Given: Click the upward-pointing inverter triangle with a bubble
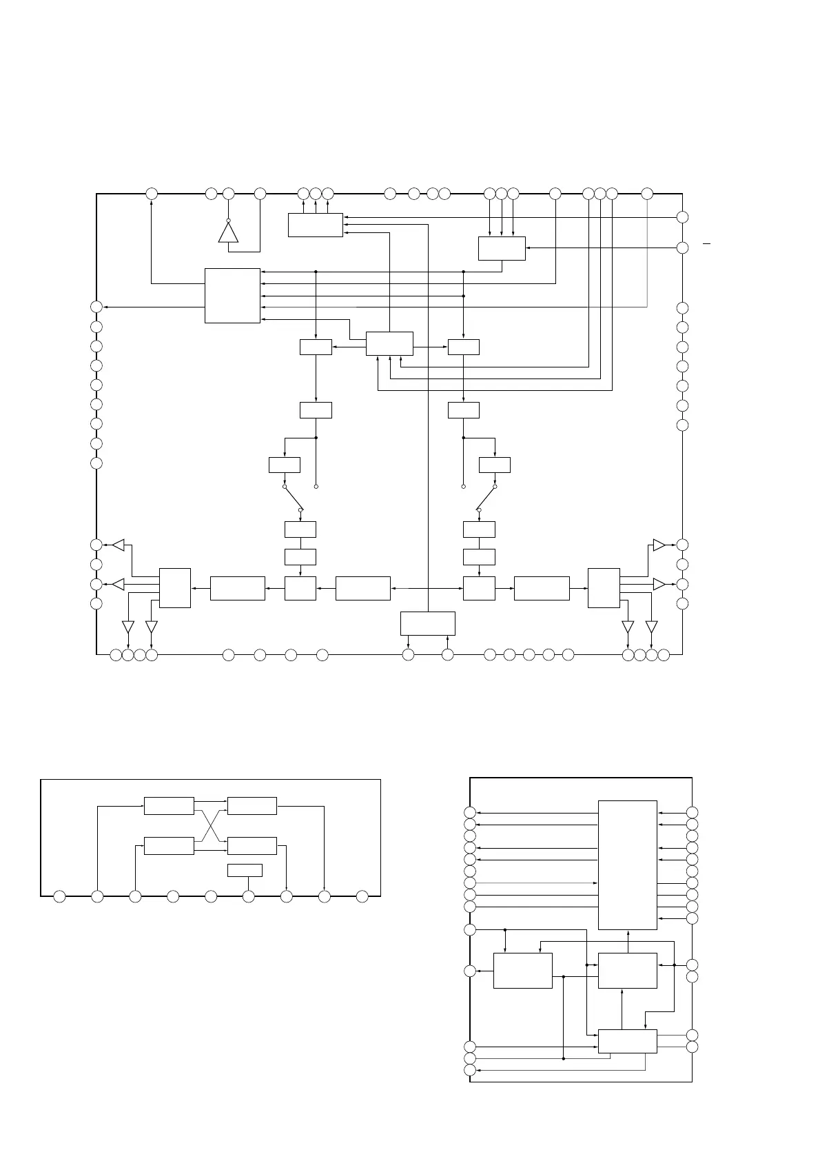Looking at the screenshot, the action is (x=228, y=232).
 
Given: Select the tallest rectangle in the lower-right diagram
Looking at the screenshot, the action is (x=627, y=865).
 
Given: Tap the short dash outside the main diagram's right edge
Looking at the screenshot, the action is (x=706, y=244).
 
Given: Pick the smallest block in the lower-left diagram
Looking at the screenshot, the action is (x=245, y=870).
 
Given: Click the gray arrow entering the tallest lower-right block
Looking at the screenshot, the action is (x=537, y=882).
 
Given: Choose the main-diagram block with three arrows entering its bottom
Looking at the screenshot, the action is (x=389, y=343).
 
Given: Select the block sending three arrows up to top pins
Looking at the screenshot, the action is (x=315, y=225).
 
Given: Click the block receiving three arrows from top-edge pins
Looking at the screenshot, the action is (x=502, y=248).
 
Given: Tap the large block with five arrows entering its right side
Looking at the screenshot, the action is (x=232, y=295).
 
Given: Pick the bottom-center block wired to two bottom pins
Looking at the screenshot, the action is (x=427, y=623).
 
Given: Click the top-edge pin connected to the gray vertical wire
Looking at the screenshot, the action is (x=647, y=194).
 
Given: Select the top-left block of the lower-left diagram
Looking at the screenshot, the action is (x=169, y=805).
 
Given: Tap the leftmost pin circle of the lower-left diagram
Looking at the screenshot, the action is (x=60, y=896).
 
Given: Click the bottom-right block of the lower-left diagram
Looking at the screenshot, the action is (x=252, y=845).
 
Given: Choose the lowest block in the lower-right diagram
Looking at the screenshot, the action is (x=627, y=1041).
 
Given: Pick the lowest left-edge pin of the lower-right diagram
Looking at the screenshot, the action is (x=470, y=1070).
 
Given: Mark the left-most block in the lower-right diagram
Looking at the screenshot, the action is (x=523, y=971).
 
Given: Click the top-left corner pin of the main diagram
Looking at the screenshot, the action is (x=152, y=194).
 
